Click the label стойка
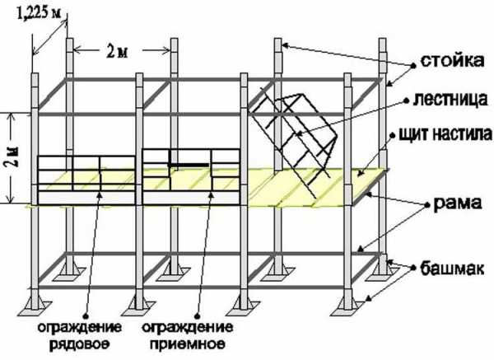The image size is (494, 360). (452, 60)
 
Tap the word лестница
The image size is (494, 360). (450, 99)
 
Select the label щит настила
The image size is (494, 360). (445, 133)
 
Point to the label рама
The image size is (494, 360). (458, 203)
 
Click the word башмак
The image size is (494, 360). (452, 269)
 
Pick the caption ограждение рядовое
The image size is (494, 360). (80, 335)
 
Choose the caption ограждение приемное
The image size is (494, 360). (188, 335)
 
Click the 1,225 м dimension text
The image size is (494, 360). (39, 13)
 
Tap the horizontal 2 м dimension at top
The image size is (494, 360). (117, 51)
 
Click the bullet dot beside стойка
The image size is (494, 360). (412, 66)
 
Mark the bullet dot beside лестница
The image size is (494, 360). (407, 101)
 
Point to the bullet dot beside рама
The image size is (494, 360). (426, 205)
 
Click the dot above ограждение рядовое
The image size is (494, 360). (86, 316)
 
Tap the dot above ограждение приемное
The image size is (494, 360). (198, 316)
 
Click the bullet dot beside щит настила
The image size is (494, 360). (393, 136)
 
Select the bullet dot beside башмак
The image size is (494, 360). (413, 268)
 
